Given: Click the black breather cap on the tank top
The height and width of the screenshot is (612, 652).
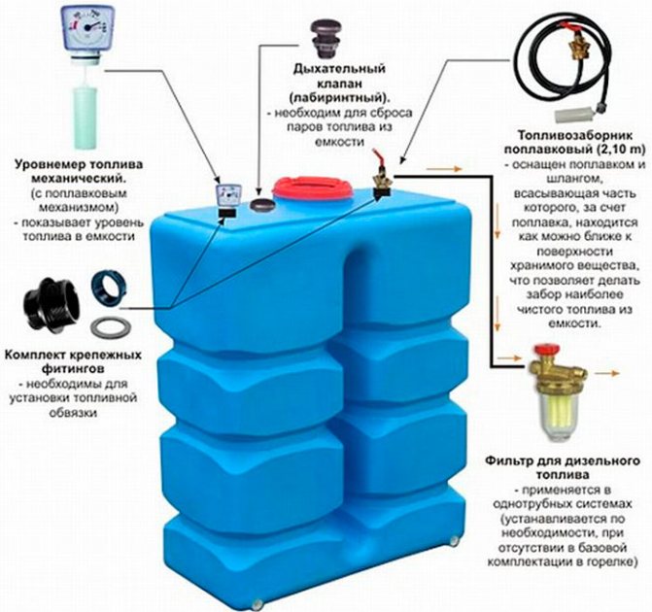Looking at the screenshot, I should [259, 205].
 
